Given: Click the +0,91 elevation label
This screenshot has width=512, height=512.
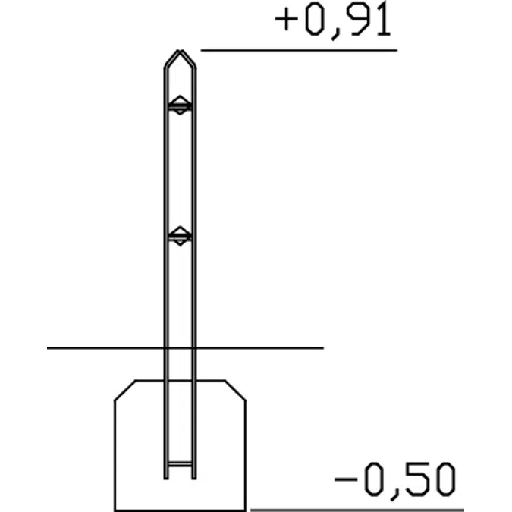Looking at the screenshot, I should pos(334,20).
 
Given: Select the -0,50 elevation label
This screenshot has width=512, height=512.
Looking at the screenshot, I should pos(395,479).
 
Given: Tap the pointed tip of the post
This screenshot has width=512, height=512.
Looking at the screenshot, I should pos(180,52).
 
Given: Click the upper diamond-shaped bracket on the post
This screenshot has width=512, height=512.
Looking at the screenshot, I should pos(180,105).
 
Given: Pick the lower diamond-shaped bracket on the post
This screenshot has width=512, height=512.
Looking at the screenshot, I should pos(180,236).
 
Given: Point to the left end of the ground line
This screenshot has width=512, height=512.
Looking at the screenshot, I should pos(49,348).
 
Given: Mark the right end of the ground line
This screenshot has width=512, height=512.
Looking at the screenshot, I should pos(322,348).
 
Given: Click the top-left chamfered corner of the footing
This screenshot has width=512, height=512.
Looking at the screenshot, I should pos(125,389).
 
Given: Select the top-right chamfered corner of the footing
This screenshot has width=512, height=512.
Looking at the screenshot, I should pos(236,389).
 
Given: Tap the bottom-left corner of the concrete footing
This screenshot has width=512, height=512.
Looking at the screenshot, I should pos(115,510).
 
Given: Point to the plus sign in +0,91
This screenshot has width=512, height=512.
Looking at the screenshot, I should pos(286,21).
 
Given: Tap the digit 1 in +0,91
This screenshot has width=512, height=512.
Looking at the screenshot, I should pos(383,20).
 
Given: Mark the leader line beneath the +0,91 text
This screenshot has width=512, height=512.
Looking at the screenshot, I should pos(299,50).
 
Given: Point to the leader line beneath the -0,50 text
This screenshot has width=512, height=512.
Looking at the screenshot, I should pos(357,510).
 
